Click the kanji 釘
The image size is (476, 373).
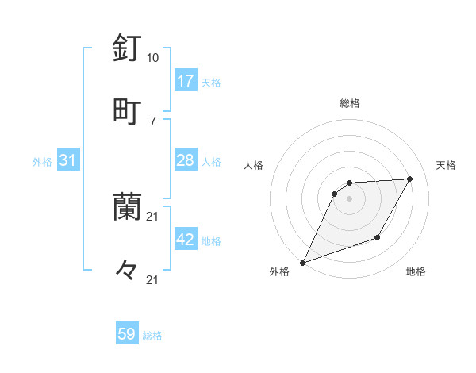pos(127,48)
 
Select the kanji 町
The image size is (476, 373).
pos(127,110)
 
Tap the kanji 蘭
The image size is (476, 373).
pos(127,206)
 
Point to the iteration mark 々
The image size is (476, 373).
pos(127,270)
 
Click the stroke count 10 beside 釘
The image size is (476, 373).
pos(152,58)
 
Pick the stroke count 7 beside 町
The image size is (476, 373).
pos(152,120)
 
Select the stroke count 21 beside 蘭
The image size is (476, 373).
pos(152,216)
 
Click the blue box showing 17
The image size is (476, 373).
pos(186,81)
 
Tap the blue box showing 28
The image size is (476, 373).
pos(186,160)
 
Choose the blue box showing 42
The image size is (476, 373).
pos(186,240)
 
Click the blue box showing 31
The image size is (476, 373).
pos(68,160)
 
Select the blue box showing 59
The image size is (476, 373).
pos(127,334)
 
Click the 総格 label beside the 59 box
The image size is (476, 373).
pos(152,336)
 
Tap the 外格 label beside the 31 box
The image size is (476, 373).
pos(42,162)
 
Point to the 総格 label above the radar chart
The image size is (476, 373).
pos(350,103)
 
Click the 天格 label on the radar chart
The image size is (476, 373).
pos(447,165)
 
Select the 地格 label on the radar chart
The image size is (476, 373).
pos(416,271)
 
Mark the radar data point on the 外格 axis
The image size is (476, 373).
pos(302,262)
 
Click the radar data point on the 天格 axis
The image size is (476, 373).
pos(410,179)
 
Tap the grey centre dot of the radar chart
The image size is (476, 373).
pos(349,198)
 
